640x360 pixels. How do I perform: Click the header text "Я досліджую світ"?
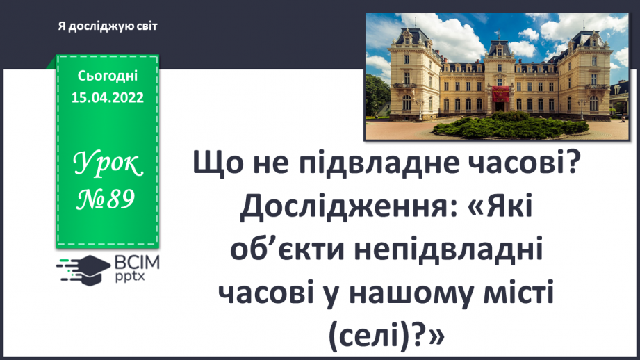tap(108, 26)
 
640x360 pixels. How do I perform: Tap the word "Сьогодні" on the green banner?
tap(107, 76)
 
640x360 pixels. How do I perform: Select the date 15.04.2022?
tap(107, 98)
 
